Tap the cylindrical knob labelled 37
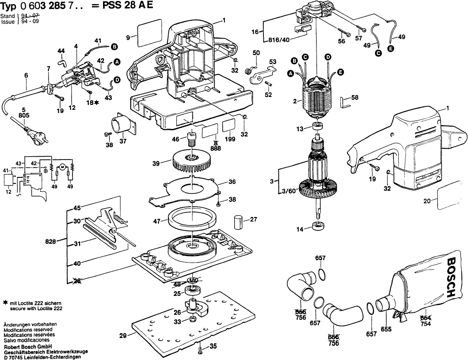[x=122, y=126]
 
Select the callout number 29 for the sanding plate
[x=123, y=336]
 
